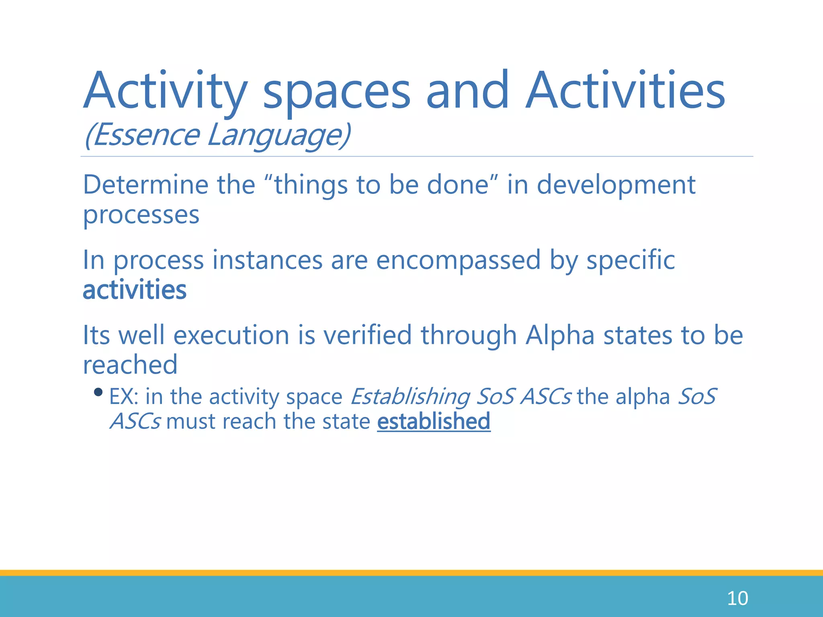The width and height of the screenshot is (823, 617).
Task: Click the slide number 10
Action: [737, 599]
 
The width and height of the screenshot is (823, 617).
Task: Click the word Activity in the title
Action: [165, 92]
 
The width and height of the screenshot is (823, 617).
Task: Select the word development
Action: [616, 186]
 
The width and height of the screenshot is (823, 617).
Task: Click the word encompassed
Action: [458, 260]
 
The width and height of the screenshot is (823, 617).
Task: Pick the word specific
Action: [631, 260]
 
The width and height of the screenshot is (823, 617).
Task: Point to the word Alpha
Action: [560, 335]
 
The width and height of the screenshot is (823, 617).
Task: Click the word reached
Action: [130, 365]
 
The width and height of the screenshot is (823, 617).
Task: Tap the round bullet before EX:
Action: [98, 392]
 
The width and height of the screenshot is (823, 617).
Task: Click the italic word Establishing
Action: [410, 397]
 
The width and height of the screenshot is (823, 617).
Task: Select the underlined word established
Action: [434, 421]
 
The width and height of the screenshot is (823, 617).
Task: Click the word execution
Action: [231, 335]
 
